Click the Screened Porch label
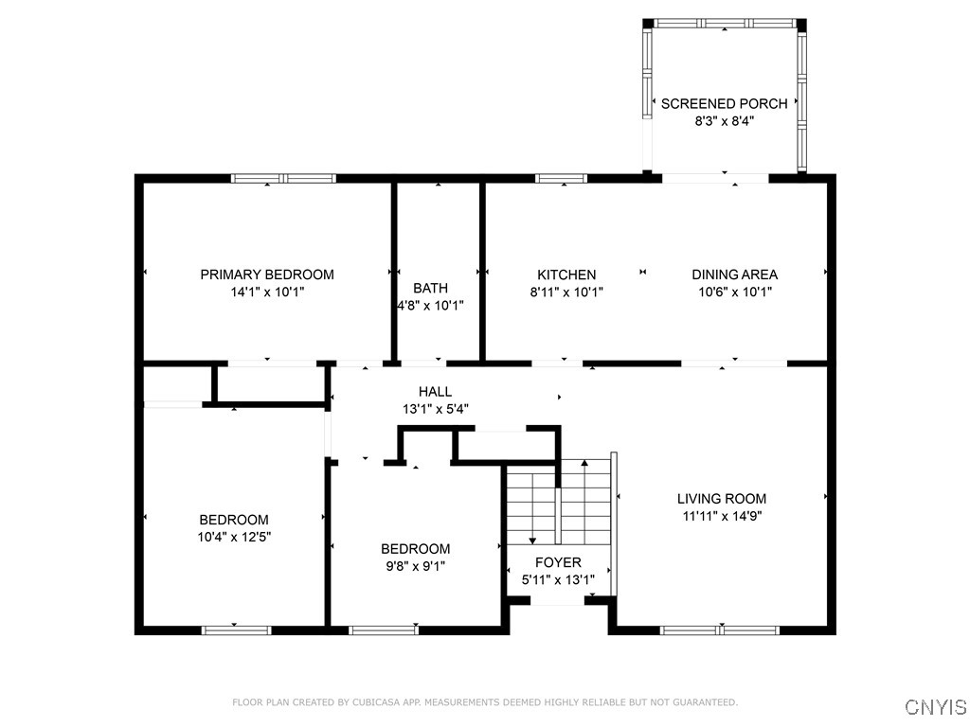coord(724,103)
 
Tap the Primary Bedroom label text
coord(267,275)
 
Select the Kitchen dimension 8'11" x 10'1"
coord(566,293)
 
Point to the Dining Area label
coord(734,275)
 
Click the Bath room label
coord(430,288)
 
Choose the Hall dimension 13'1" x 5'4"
coord(436,409)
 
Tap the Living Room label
coord(722,499)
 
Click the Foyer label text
coord(558,562)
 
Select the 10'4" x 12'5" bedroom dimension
coord(234,537)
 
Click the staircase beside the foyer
coord(558,502)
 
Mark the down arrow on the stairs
coord(532,540)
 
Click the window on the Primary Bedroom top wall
coord(284,178)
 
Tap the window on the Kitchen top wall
coord(561,178)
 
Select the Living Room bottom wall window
coord(720,629)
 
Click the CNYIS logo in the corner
coord(936,707)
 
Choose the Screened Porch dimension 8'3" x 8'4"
coord(724,121)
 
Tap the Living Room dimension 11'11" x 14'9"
coord(722,516)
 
